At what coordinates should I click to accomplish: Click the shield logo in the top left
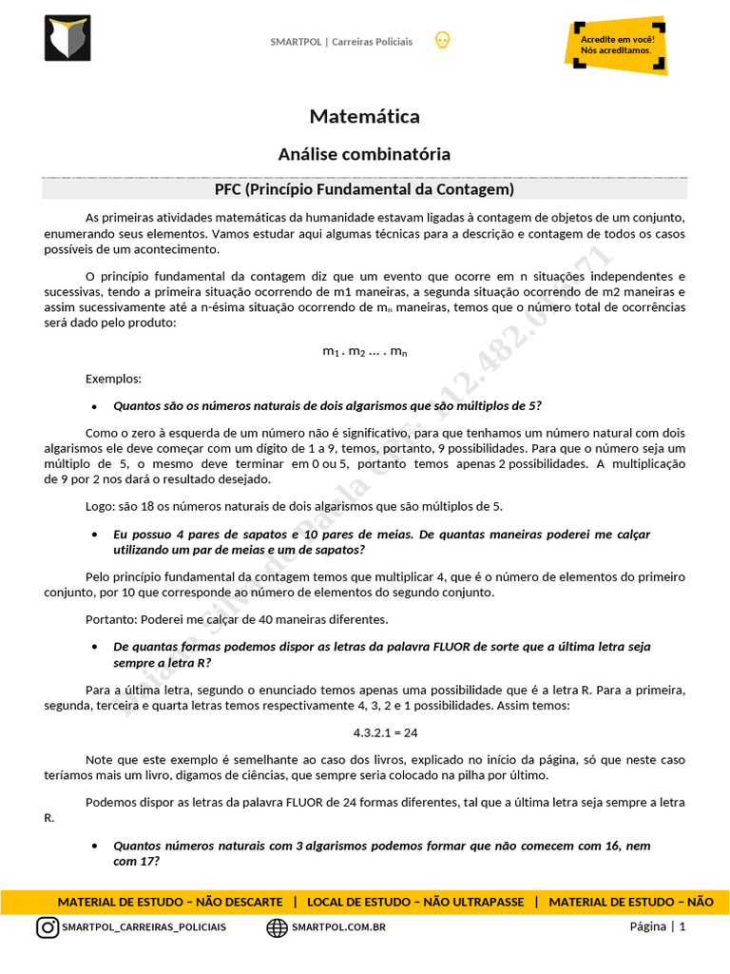coord(67,38)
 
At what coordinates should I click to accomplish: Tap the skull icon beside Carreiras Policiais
coord(442,41)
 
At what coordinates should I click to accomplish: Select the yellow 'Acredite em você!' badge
coord(616,44)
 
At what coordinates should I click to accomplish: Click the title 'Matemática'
coord(364,116)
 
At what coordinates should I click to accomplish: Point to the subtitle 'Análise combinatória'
coord(364,154)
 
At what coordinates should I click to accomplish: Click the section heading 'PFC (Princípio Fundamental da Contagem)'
coord(364,188)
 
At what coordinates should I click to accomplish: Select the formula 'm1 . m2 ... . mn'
coord(365,352)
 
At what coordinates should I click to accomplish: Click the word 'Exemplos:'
coord(113,379)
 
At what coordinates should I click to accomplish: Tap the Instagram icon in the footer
coord(48,927)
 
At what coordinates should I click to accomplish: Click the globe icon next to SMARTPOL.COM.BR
coord(277,927)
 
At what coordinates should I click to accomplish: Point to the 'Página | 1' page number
coord(657,927)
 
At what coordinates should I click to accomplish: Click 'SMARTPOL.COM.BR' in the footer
coord(338,927)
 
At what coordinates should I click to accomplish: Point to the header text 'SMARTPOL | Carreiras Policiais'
coord(341,42)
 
